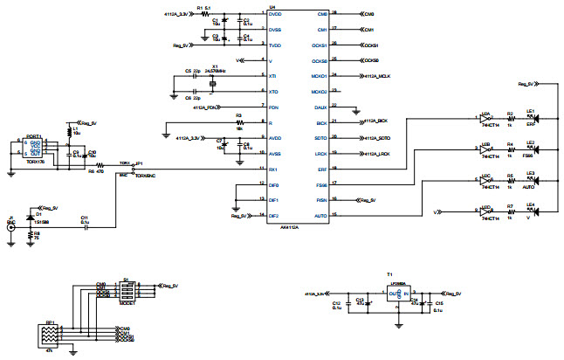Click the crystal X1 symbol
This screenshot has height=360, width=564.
(x=212, y=84)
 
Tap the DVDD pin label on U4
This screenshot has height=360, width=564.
(x=275, y=15)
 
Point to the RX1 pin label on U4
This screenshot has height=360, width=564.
(x=273, y=168)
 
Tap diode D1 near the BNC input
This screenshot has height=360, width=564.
(x=31, y=215)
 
